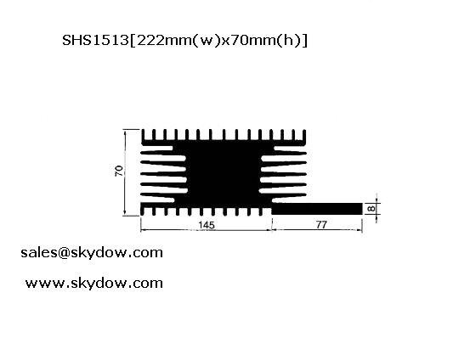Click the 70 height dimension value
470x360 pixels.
click(119, 171)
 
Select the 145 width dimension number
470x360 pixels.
click(207, 225)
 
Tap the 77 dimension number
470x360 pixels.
click(321, 224)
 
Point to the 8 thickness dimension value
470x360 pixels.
click(371, 209)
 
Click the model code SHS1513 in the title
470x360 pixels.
click(95, 40)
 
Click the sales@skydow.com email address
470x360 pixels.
click(92, 252)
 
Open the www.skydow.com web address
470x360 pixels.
click(94, 283)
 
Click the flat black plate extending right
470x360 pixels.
click(317, 209)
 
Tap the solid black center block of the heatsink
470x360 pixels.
click(224, 173)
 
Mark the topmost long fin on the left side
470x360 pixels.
click(157, 148)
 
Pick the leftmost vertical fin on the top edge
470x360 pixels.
click(144, 135)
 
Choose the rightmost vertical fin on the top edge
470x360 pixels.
click(304, 135)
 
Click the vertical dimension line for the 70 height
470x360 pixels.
click(125, 172)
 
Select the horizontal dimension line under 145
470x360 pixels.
click(207, 230)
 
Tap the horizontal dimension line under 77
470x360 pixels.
click(317, 230)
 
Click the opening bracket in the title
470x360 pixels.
click(133, 41)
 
